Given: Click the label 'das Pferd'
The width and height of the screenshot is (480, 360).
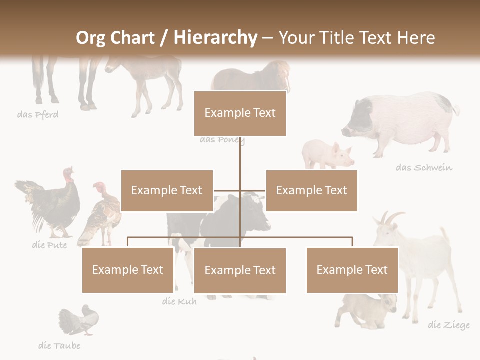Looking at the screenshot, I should [x=38, y=115].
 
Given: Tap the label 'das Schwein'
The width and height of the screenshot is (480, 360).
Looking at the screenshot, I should [x=424, y=167].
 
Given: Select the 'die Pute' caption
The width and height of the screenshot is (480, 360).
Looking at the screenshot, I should [x=49, y=245].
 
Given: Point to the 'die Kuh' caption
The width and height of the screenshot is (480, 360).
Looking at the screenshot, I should [x=179, y=301].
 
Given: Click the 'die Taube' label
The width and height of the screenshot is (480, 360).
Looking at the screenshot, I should [x=59, y=345].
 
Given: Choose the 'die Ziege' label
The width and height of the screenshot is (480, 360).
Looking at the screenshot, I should [x=448, y=325].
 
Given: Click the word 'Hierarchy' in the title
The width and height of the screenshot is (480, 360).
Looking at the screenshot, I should [x=215, y=37].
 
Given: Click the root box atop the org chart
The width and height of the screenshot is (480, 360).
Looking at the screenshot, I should [x=240, y=113].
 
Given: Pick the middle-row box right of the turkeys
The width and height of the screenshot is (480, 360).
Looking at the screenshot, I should [x=167, y=190].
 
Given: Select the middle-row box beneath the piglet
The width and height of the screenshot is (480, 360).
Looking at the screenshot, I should [x=311, y=190].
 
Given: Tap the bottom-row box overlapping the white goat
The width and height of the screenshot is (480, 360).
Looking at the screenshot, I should [x=352, y=270].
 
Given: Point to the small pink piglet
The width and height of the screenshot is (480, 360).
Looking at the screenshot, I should [x=327, y=155].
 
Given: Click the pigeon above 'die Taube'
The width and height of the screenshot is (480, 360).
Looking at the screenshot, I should [x=80, y=320].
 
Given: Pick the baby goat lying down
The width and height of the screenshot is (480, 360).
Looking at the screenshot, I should [x=367, y=310].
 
